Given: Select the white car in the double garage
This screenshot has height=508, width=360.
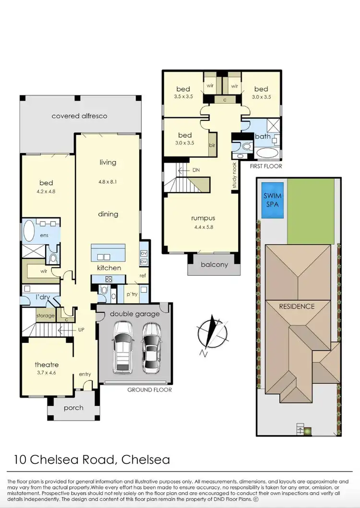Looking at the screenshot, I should [122, 347].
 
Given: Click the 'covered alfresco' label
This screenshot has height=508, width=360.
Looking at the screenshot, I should [79, 116].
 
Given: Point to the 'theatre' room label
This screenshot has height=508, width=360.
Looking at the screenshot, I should [47, 365].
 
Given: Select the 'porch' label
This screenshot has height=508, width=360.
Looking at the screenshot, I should [73, 408].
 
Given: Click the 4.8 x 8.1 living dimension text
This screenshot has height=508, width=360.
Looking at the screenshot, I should [108, 182].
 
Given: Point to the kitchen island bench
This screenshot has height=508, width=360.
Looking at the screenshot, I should [109, 252].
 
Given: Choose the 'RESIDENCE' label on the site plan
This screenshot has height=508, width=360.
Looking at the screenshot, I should [298, 306].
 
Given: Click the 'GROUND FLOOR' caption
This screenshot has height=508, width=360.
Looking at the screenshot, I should [149, 390].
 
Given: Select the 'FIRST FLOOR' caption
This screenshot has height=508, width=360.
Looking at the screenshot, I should [265, 166].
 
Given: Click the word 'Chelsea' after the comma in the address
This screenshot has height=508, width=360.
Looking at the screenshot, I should [146, 460].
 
